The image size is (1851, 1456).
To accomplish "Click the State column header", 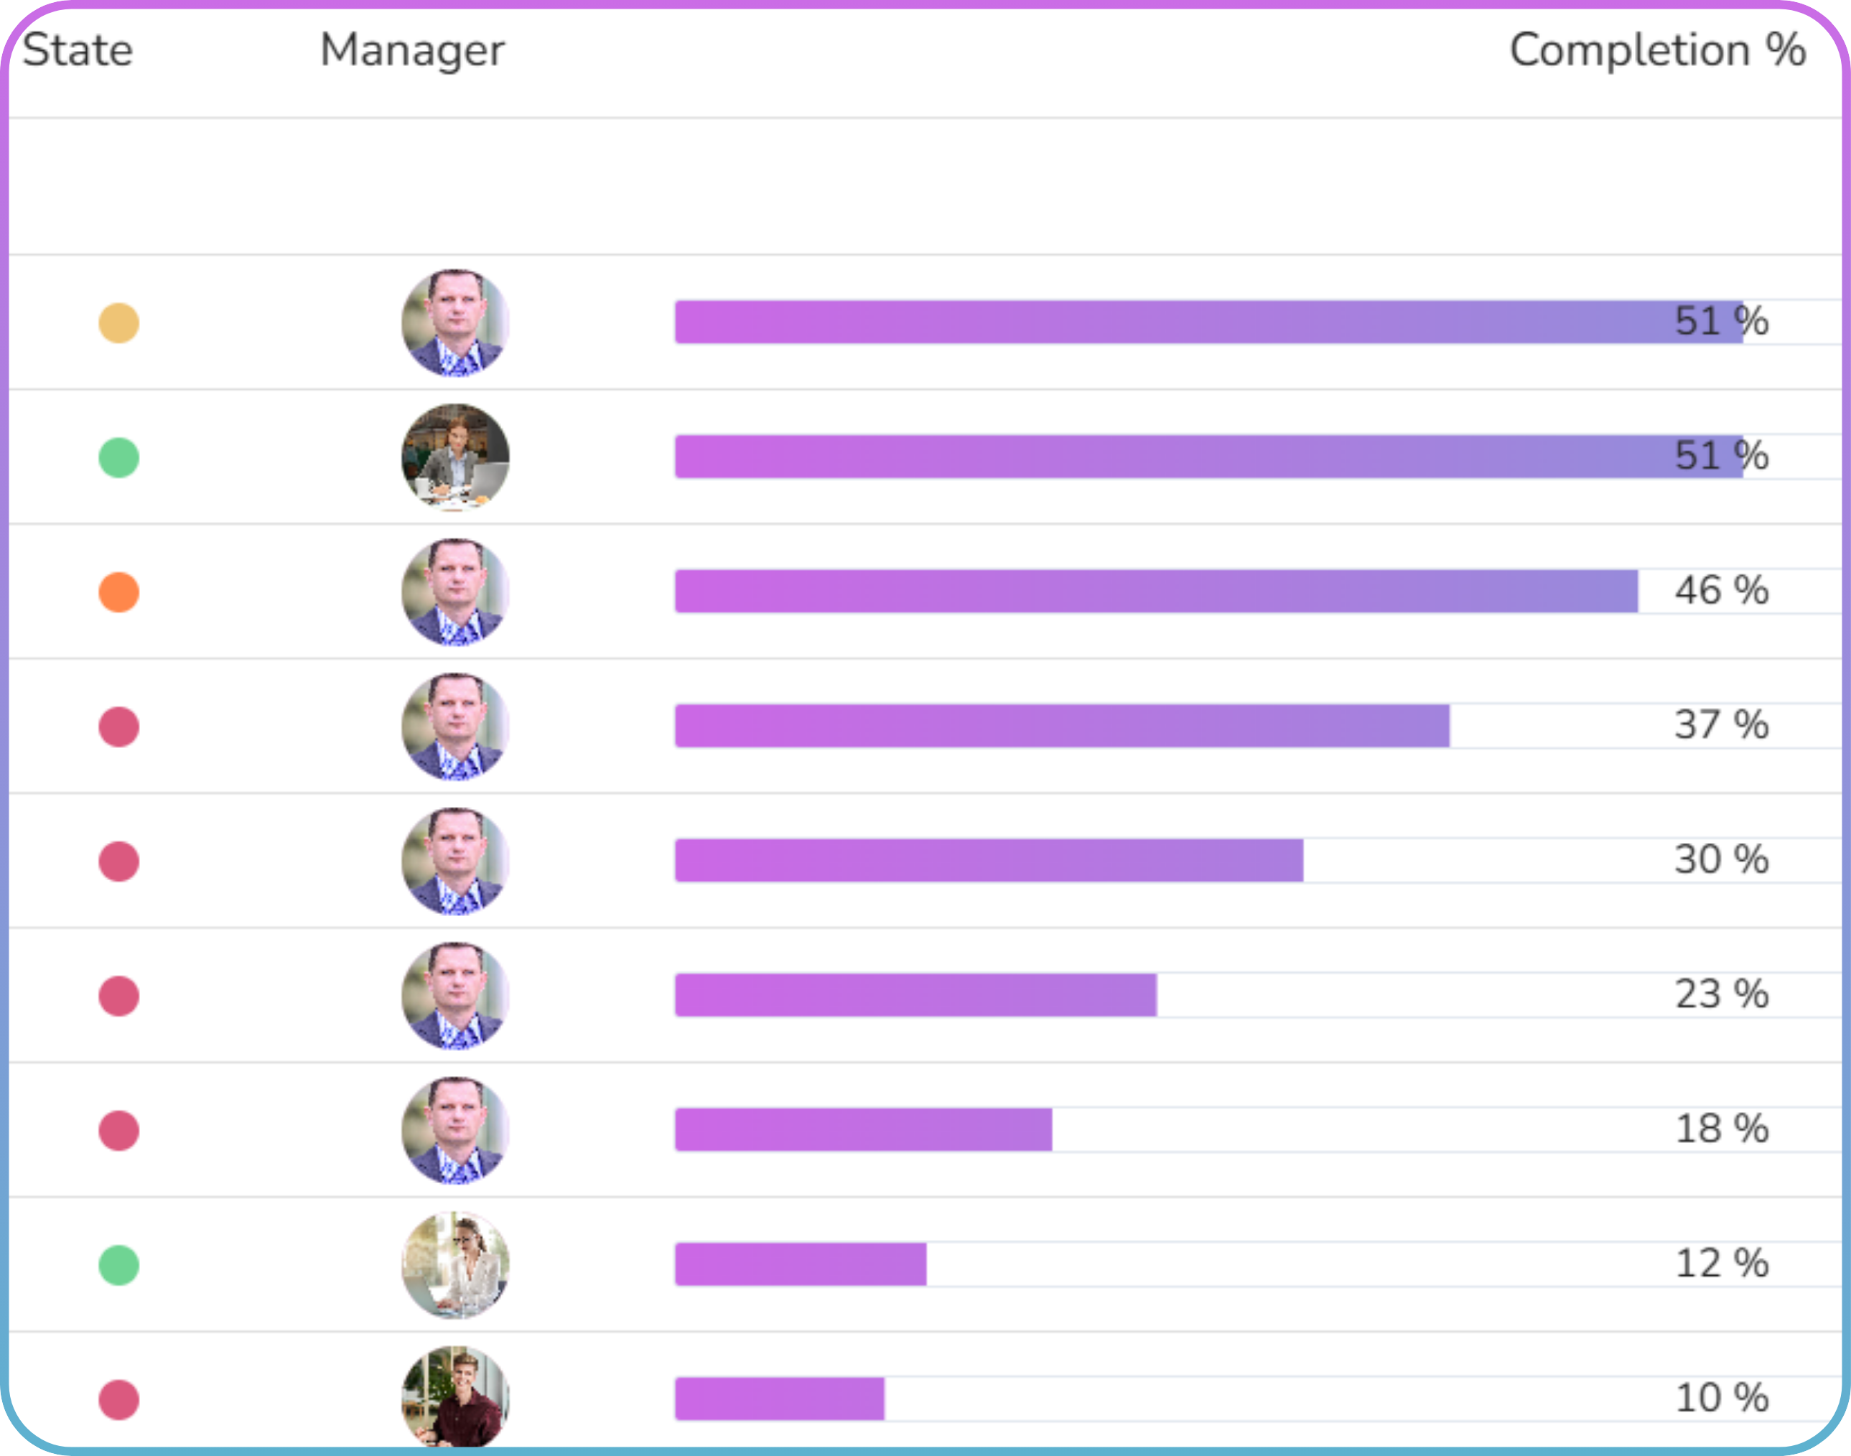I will (78, 50).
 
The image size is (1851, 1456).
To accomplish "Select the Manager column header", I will (412, 50).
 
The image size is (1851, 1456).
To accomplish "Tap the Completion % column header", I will (1656, 50).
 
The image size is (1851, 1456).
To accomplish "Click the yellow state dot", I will (118, 323).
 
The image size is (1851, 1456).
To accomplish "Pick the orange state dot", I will (118, 592).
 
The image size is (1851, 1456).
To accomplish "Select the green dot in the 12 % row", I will (118, 1265).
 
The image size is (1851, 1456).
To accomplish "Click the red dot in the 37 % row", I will (118, 727).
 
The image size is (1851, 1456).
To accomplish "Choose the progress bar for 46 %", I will (1155, 592).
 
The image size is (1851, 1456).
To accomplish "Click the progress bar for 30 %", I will (988, 861).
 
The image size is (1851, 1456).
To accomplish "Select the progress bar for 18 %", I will (863, 1130).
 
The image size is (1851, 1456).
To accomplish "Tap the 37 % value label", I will (1722, 725).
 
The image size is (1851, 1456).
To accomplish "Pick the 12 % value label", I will (1722, 1264).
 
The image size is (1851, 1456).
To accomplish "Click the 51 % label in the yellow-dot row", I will (1722, 322).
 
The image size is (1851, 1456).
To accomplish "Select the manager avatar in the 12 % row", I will (455, 1265).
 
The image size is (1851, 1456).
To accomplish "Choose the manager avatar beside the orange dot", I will (455, 592).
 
